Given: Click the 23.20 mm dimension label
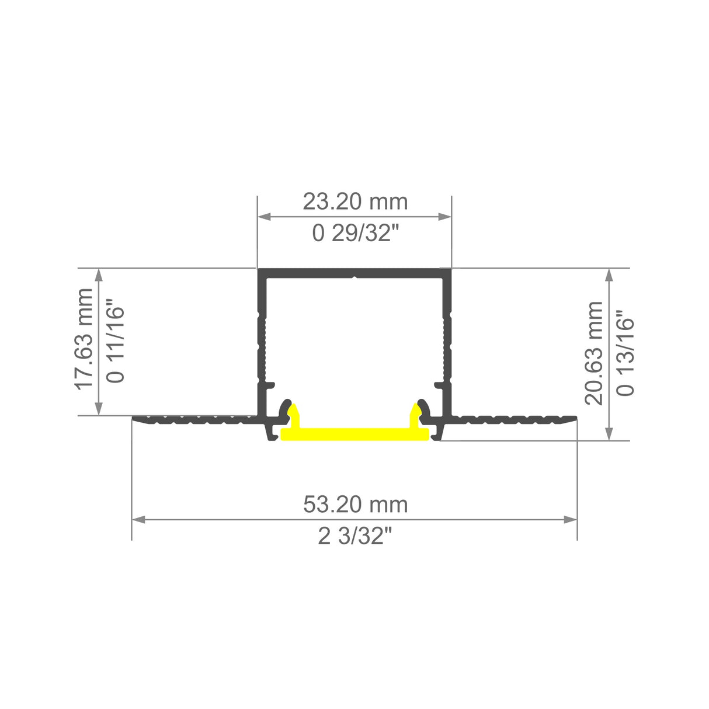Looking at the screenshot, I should pyautogui.click(x=354, y=202).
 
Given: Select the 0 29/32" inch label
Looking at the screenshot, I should pyautogui.click(x=354, y=234).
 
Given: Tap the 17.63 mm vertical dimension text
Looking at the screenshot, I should pyautogui.click(x=85, y=338).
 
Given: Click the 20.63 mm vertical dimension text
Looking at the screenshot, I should pyautogui.click(x=594, y=353).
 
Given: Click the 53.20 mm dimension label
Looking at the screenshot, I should pyautogui.click(x=354, y=504).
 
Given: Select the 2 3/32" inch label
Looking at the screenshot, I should pyautogui.click(x=354, y=536).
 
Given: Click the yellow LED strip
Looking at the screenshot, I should pyautogui.click(x=355, y=434).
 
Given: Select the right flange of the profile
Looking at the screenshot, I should pyautogui.click(x=514, y=419).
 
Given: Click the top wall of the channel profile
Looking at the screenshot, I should pyautogui.click(x=354, y=273).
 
